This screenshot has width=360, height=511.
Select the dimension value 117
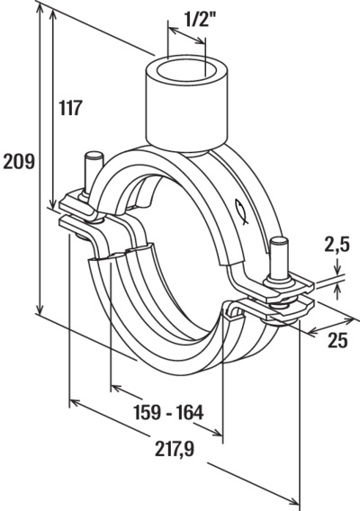click(70, 108)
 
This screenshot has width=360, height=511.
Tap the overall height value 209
click(19, 162)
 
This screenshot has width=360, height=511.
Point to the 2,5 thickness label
click(337, 245)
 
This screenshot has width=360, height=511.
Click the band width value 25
click(337, 341)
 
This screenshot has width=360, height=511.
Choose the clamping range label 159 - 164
click(169, 412)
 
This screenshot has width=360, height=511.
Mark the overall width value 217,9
click(175, 449)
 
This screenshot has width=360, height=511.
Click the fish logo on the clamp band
click(241, 211)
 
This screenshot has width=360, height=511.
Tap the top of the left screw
click(93, 155)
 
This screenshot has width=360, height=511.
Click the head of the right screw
click(279, 241)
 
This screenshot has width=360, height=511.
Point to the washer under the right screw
click(280, 281)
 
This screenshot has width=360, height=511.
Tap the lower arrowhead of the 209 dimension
click(40, 309)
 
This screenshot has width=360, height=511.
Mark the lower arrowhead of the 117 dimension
click(52, 202)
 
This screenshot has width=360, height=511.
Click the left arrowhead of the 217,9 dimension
click(76, 403)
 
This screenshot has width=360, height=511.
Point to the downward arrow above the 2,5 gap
click(337, 266)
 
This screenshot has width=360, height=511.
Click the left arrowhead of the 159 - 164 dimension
click(116, 388)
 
